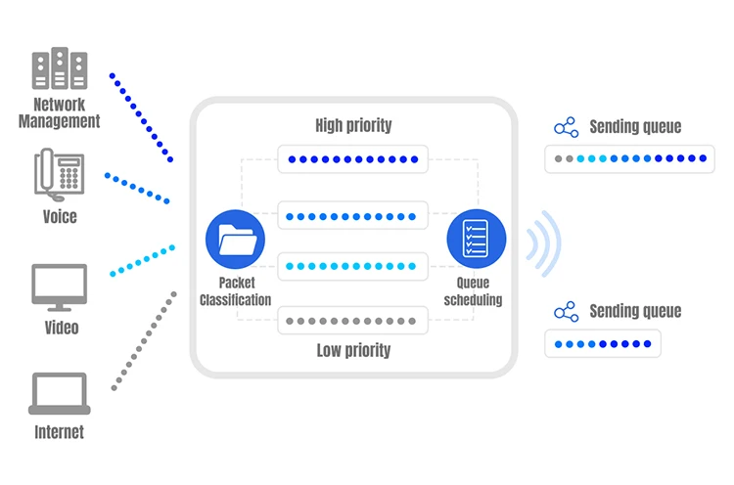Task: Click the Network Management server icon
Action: coord(60,67)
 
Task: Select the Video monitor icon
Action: coord(59,287)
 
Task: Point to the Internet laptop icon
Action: coord(60,393)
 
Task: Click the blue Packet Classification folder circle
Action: coord(235,239)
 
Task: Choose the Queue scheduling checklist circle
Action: coord(476,239)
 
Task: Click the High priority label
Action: coord(353,125)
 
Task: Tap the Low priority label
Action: coord(353,350)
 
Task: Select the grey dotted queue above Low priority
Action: coord(352,321)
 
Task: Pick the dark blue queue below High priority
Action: coord(352,159)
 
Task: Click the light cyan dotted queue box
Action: coord(352,266)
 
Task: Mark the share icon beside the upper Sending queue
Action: coord(566,127)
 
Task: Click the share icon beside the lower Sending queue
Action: coord(566,312)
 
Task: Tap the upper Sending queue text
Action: coord(635,127)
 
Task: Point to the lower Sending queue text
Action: coord(635,311)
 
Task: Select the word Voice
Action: coord(60,217)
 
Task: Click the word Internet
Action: coord(60,432)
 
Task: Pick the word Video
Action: coord(62,328)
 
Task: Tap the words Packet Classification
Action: coord(236,291)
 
